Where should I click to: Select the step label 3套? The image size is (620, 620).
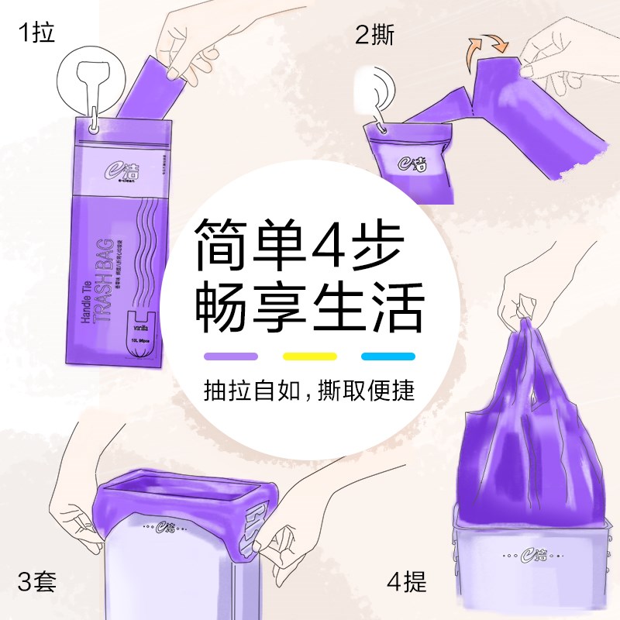pyautogui.click(x=36, y=580)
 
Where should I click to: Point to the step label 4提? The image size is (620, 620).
pyautogui.click(x=406, y=580)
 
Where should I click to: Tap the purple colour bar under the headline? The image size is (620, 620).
pyautogui.click(x=231, y=356)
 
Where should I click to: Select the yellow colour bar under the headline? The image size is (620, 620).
pyautogui.click(x=309, y=356)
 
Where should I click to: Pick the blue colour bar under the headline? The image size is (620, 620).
pyautogui.click(x=388, y=356)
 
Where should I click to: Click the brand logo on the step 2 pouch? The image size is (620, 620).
pyautogui.click(x=410, y=160)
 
